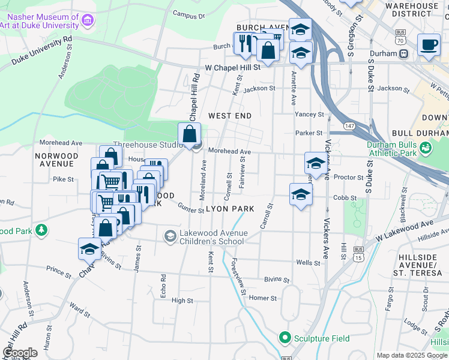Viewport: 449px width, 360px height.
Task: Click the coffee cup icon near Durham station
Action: click(429, 46)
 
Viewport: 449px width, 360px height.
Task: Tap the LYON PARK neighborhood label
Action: click(231, 209)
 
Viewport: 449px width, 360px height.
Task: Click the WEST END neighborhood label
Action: click(229, 115)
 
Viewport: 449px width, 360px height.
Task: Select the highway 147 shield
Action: click(349, 126)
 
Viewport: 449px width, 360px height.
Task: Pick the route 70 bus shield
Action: click(400, 39)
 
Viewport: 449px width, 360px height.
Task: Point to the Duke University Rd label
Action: click(42, 52)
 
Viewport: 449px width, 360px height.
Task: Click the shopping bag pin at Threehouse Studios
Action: click(190, 134)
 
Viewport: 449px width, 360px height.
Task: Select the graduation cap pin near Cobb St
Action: click(301, 194)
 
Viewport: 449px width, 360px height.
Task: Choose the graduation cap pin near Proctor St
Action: click(316, 163)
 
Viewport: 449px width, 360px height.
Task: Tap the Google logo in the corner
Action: click(20, 353)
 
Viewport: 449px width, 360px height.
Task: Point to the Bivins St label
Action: click(277, 280)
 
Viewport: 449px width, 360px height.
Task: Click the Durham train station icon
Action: click(404, 53)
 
